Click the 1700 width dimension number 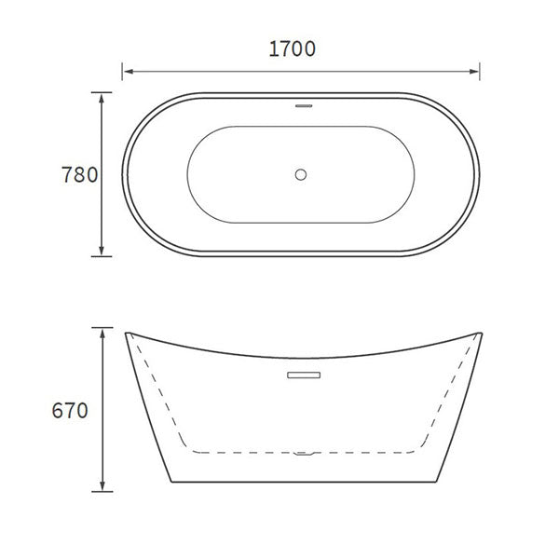(292, 49)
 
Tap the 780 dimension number (79, 174)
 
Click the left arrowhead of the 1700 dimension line (129, 70)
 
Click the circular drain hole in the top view (301, 173)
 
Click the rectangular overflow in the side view (302, 375)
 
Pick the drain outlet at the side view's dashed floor (301, 455)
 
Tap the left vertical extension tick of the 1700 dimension (123, 70)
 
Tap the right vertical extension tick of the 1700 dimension (480, 70)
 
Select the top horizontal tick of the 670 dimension (102, 328)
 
